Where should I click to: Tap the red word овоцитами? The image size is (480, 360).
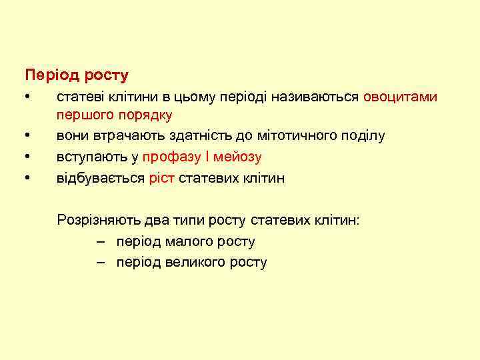[400, 97]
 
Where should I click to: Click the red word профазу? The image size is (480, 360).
[172, 157]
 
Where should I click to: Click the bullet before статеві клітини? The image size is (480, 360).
[26, 97]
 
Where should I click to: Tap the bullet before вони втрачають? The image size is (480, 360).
[26, 136]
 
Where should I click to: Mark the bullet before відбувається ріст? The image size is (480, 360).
[26, 179]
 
